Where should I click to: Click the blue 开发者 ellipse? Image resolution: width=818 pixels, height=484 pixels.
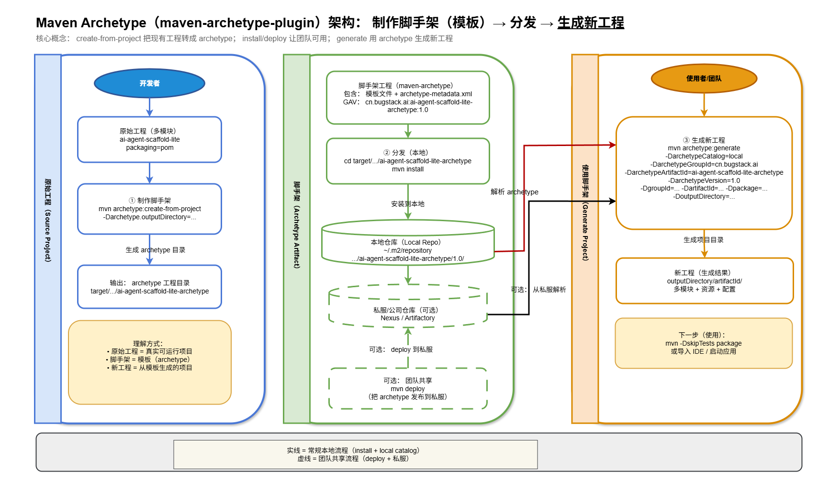point(149,83)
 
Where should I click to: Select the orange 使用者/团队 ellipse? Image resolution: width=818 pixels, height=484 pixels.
point(704,79)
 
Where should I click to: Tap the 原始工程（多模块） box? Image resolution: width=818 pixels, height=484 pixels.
point(149,139)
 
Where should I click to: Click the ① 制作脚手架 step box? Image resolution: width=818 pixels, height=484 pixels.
point(149,209)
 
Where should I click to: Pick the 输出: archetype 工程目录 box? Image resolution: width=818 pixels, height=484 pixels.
point(149,287)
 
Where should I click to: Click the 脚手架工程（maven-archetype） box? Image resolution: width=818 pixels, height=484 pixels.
point(408,98)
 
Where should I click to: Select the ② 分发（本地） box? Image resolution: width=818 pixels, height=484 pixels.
point(408,161)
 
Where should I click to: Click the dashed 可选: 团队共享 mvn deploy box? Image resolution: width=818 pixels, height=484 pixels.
point(408,388)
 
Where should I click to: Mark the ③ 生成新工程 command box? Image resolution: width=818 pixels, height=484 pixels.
point(704,172)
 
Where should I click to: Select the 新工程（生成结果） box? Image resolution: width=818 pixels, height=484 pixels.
point(704,281)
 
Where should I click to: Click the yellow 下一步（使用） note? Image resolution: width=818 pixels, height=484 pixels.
point(704,343)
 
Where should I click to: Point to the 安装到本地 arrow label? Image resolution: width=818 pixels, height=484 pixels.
point(408,204)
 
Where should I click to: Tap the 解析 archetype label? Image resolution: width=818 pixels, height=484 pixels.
point(514,192)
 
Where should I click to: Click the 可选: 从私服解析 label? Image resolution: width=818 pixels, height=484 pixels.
point(538,290)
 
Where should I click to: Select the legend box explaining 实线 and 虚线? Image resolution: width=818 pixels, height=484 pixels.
point(355,454)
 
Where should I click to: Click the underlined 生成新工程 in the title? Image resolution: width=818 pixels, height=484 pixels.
point(591,23)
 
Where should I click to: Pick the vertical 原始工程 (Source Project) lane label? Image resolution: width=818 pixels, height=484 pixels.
point(48,220)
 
